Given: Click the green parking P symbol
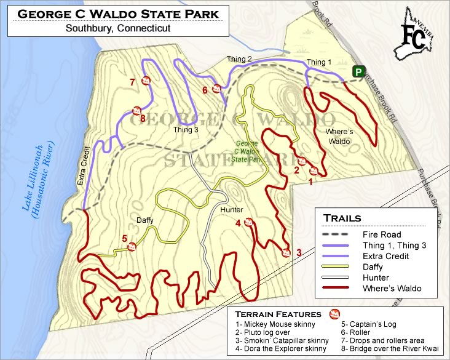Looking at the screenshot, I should tap(357, 72).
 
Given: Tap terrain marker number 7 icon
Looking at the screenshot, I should tap(146, 81).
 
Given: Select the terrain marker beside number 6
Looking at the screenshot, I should tap(216, 89).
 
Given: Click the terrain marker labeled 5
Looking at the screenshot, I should tap(132, 247).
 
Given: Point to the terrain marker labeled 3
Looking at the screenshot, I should tap(286, 252).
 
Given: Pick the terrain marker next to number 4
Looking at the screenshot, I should tap(249, 222).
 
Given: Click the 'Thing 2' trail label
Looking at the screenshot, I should tap(239, 59).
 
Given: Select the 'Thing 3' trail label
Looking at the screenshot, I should tap(186, 130).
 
